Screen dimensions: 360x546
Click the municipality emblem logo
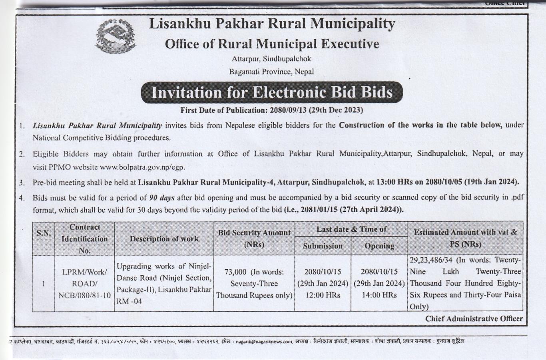tap(116, 36)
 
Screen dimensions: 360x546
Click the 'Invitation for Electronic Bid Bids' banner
tap(272, 92)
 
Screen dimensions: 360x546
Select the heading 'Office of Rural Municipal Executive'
tap(272, 44)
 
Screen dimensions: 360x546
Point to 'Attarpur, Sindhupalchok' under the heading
tap(271, 59)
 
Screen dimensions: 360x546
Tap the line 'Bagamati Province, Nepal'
tap(271, 72)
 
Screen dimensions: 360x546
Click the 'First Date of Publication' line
tap(271, 110)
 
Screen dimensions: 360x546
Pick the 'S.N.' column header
tap(43, 233)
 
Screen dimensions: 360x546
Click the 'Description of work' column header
tap(164, 239)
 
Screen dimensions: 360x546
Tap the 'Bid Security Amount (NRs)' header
tap(254, 238)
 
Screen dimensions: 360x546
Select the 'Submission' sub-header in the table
tap(323, 246)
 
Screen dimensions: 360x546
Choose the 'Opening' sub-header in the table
tap(379, 246)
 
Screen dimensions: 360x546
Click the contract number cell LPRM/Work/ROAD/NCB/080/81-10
tap(84, 284)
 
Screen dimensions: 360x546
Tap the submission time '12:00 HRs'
tap(323, 295)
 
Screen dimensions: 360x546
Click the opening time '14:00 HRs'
tap(379, 295)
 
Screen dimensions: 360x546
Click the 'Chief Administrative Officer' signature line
tap(474, 318)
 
